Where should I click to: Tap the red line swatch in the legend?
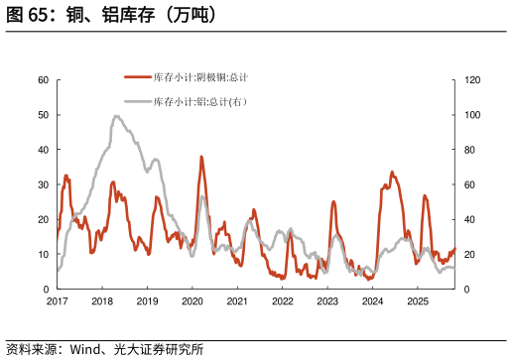pyautogui.click(x=137, y=77)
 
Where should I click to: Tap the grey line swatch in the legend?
pyautogui.click(x=137, y=102)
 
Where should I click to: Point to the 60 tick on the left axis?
pyautogui.click(x=44, y=80)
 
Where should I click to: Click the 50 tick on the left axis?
pyautogui.click(x=44, y=115)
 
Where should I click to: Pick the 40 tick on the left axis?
pyautogui.click(x=44, y=150)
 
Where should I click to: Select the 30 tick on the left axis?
pyautogui.click(x=44, y=184)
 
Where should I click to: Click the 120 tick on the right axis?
pyautogui.click(x=472, y=80)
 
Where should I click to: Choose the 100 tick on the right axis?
pyautogui.click(x=472, y=115)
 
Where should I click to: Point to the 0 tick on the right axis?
pyautogui.click(x=467, y=289)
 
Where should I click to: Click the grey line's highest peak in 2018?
pyautogui.click(x=116, y=116)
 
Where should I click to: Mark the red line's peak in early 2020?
pyautogui.click(x=201, y=157)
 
